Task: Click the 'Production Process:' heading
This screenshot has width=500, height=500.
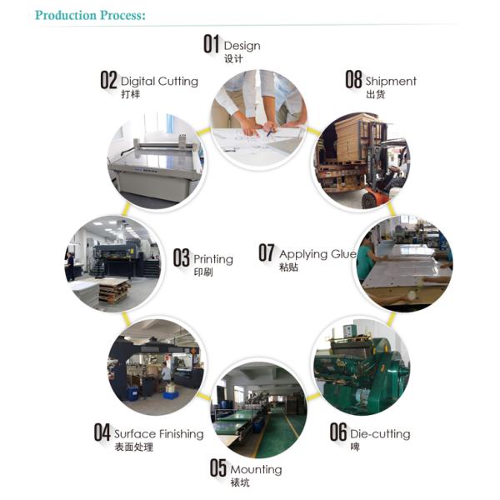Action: point(90,15)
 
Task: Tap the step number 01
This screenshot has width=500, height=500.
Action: point(212,44)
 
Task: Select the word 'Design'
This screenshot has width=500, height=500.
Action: point(242,46)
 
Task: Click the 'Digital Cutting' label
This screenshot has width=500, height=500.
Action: point(159,82)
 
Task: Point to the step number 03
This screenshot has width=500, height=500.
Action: point(182,257)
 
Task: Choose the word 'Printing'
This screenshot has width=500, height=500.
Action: point(213,259)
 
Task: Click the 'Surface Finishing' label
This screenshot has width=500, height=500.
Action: point(159,434)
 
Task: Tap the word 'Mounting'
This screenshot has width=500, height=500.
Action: point(256,470)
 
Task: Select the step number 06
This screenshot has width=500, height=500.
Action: point(338,432)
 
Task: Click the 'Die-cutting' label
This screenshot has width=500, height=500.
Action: point(380,434)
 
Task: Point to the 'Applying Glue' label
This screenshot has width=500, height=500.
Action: point(317,254)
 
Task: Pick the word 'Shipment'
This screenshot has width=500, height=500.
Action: point(391,82)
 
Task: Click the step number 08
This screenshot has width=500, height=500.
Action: point(353,79)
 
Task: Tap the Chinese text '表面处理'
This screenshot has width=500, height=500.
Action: point(134,447)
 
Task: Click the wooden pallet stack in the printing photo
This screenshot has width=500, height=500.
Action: point(114,289)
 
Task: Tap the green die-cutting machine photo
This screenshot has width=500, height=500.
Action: point(361,367)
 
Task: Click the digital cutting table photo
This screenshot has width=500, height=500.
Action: point(156,161)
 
